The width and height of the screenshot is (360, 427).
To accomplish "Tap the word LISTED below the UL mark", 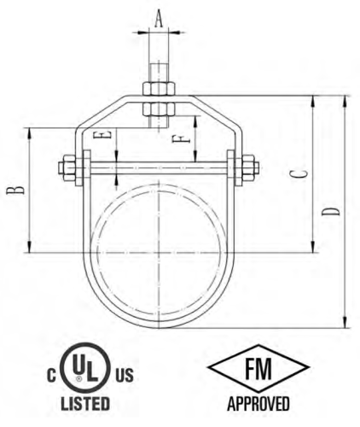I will [x=84, y=401].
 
